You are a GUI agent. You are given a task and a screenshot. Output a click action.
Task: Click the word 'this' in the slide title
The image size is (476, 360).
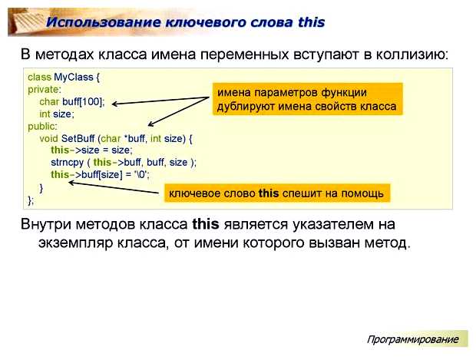[310, 21]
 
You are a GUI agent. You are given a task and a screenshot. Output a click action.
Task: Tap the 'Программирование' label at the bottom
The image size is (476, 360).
[412, 339]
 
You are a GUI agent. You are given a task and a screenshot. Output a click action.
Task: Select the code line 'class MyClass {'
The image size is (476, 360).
[64, 78]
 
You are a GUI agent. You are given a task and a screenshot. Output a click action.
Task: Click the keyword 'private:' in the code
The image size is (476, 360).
[43, 89]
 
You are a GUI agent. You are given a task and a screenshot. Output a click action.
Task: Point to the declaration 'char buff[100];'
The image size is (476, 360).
[72, 101]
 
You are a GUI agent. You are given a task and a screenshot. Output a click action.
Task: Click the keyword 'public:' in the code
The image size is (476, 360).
[41, 126]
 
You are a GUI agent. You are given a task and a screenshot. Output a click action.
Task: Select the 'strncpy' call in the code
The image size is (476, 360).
[67, 162]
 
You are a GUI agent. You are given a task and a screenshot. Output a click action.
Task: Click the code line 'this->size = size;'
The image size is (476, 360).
[91, 150]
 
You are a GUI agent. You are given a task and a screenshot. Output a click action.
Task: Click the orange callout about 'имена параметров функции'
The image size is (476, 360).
[306, 100]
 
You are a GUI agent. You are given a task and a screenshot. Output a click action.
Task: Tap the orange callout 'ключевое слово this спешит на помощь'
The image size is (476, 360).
[276, 193]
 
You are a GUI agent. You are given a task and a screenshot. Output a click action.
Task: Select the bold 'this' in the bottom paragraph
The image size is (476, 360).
[205, 224]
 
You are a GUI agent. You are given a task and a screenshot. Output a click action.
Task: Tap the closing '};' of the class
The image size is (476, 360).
[31, 199]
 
